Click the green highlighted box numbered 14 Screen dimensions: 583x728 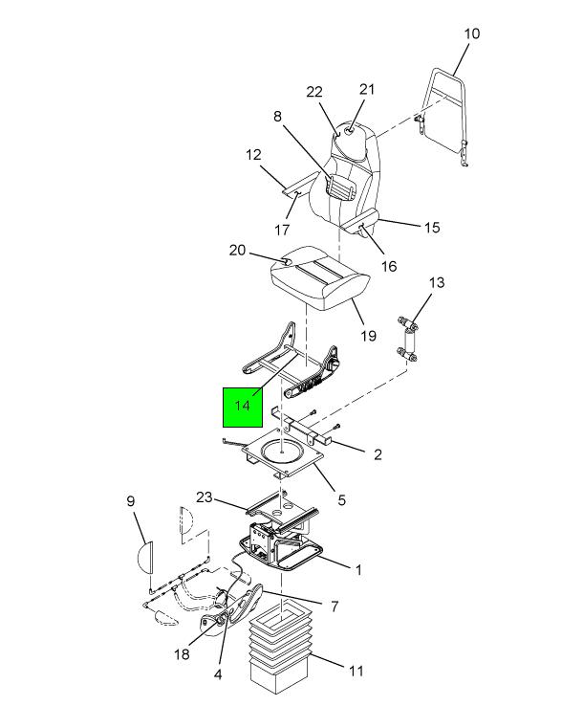pos(243,408)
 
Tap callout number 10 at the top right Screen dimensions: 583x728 pos(472,33)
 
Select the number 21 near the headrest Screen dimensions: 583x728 pos(367,89)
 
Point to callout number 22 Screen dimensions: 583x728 pos(314,92)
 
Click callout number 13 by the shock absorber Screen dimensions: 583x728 pos(437,282)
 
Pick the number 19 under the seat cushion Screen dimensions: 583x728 pos(368,336)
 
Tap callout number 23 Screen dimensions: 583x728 pos(205,497)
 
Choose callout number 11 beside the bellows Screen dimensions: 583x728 pos(356,671)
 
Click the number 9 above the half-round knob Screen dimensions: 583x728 pos(130,501)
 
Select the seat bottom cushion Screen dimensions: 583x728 pos(320,278)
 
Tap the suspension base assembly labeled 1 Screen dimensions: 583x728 pos(280,543)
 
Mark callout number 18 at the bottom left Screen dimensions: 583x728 pos(183,654)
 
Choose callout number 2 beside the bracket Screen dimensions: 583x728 pos(378,454)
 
